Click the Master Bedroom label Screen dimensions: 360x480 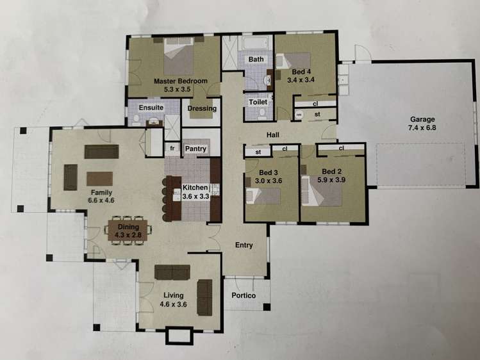point(180,81)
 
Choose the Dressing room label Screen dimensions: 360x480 point(202,108)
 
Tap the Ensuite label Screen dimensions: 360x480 point(151,107)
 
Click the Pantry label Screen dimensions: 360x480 point(195,149)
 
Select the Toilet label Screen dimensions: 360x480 point(258,102)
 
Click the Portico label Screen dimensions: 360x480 point(244,295)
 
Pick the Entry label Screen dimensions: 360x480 point(244,245)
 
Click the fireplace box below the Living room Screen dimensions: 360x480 point(174,336)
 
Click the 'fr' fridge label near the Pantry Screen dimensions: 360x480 point(172,149)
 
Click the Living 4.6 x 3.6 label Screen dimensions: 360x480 point(174,300)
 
